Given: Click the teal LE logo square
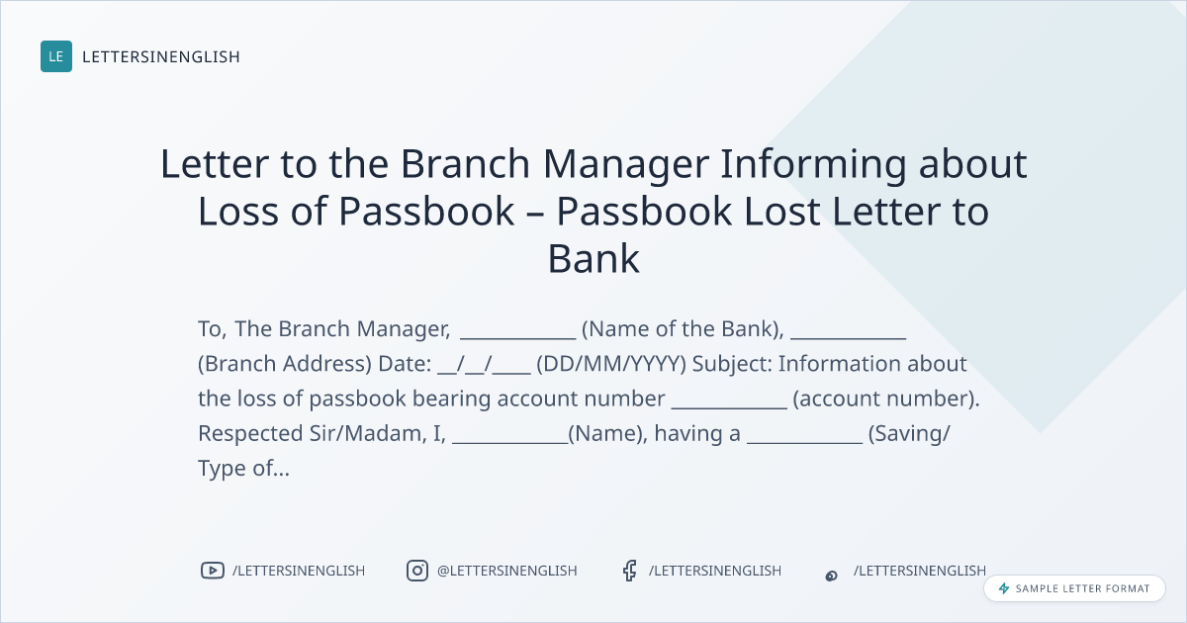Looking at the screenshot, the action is (x=56, y=56).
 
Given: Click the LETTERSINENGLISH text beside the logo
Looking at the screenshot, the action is (x=161, y=56).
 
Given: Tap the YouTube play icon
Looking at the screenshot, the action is (x=213, y=571).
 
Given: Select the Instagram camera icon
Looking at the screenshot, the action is (x=417, y=571).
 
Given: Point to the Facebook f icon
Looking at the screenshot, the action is (x=629, y=571).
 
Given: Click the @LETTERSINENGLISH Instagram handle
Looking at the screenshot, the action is (x=507, y=571).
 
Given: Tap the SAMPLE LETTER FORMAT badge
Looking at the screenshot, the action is (x=1074, y=588).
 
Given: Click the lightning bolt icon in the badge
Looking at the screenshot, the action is (x=1004, y=588).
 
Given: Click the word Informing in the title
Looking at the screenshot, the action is (x=813, y=164).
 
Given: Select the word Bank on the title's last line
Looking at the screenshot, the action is (x=593, y=259).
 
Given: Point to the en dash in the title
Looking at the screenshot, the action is (x=535, y=213).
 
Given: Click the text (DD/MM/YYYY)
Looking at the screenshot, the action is (x=611, y=364).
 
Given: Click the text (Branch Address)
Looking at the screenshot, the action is (x=285, y=364).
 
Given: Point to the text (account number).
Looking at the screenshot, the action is (x=886, y=399).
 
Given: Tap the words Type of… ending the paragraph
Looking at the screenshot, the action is (x=243, y=469).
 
